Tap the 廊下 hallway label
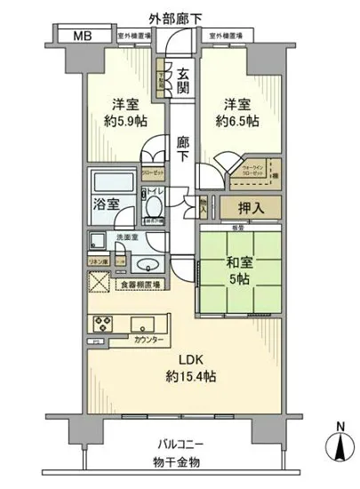pyautogui.click(x=182, y=148)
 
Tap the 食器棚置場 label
pyautogui.click(x=142, y=285)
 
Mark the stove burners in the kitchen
pyautogui.click(x=100, y=322)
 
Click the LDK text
pyautogui.click(x=183, y=358)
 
